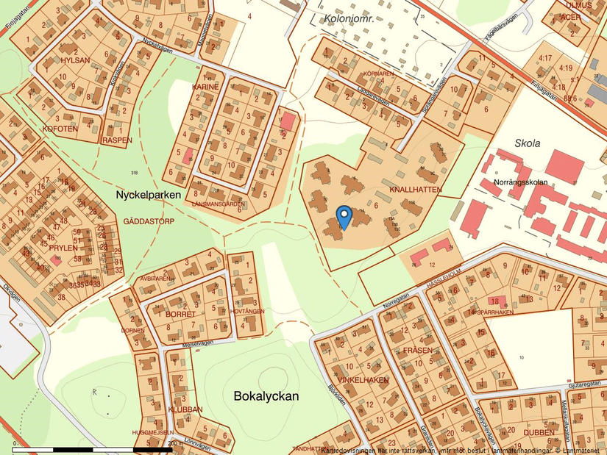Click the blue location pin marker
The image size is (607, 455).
coord(344,216)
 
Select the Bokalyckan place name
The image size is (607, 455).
coord(266,396)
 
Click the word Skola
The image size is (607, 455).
coord(528,143)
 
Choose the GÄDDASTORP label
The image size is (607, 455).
coord(149,221)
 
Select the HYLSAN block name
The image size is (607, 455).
coord(76,61)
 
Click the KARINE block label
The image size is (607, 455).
coord(206,87)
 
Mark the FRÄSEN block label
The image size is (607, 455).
coord(417,351)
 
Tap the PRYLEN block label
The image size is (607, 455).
coord(63,248)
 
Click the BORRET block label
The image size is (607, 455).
coord(180,314)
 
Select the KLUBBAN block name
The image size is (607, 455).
coord(185,409)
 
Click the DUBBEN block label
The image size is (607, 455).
coord(539,432)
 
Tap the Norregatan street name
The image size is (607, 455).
coord(395,301)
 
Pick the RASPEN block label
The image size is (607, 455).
coord(118,140)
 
